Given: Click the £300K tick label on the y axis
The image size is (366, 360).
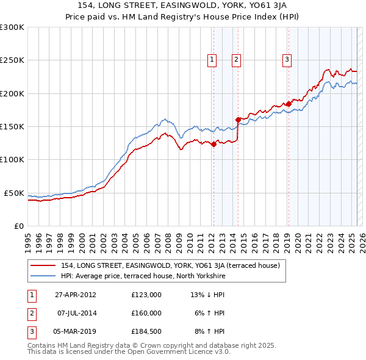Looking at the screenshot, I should coord(12,27).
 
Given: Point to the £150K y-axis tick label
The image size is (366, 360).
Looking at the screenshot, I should coord(12,127).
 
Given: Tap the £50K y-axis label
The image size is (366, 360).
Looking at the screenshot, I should coord(14,193).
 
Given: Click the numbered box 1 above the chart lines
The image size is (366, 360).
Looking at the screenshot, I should coord(212,60).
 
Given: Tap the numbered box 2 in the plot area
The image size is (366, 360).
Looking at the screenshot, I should coord(236,60).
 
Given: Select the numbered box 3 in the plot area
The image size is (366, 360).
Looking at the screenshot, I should coord(287,60).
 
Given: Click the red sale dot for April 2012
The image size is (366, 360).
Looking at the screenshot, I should coord(213,145).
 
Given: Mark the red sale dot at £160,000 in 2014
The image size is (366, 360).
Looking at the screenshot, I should coord(237,120).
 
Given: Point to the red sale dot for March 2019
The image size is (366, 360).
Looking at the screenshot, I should coord(288,104).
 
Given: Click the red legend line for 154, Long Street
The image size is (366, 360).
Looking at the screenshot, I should coord(43,265).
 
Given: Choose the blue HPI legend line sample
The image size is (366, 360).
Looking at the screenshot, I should coord(43,276).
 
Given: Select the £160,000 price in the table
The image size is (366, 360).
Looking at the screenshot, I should coord(146,313).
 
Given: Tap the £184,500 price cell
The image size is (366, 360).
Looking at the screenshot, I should coord(146,332).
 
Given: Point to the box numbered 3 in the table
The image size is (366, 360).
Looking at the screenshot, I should coord(30,332).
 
